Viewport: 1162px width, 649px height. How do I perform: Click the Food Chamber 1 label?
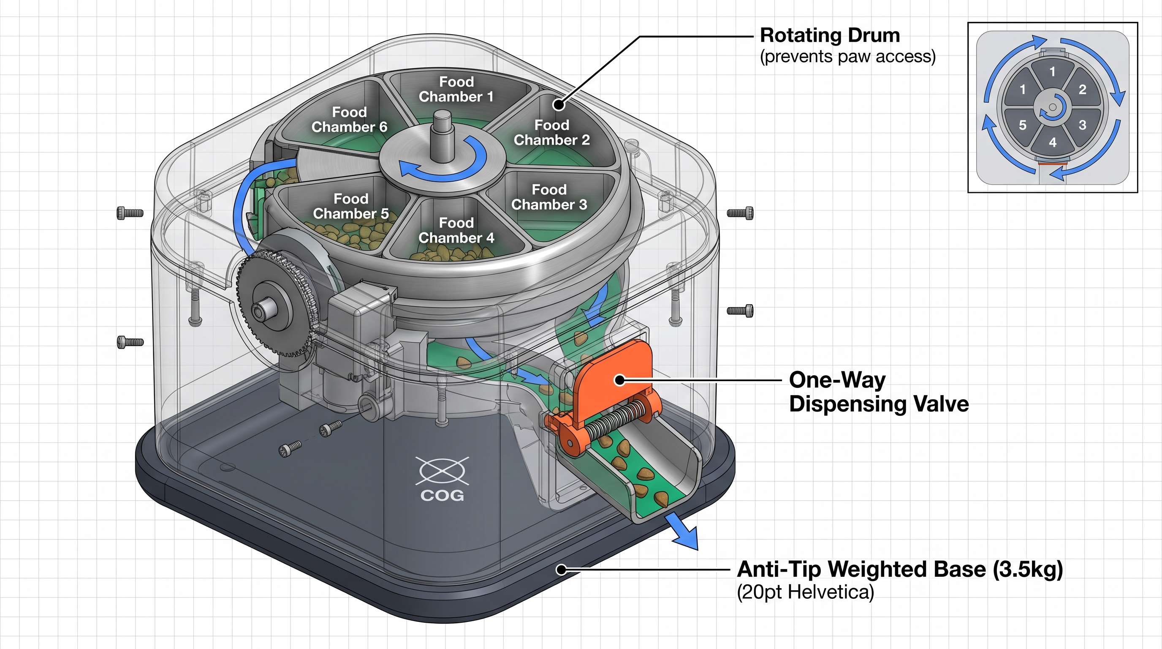[456, 89]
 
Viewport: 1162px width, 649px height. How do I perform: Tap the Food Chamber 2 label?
[552, 133]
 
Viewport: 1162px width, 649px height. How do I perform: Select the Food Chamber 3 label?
[549, 197]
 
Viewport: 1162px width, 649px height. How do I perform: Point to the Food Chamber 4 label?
[456, 230]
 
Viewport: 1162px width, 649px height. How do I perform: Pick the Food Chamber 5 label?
[351, 206]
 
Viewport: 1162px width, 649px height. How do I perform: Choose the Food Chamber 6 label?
[350, 120]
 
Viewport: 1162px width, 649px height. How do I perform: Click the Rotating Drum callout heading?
[830, 35]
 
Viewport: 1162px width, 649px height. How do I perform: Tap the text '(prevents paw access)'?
[847, 57]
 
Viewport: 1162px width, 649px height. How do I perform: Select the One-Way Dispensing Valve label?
[878, 392]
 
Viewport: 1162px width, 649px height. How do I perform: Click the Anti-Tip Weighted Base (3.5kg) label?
[899, 569]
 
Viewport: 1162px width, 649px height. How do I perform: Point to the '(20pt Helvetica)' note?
[805, 592]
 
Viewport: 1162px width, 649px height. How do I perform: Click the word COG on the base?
[442, 496]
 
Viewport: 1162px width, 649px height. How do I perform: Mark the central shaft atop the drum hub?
[442, 135]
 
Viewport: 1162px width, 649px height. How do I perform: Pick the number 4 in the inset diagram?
[1053, 143]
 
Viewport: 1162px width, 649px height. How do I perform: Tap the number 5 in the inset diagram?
[1023, 125]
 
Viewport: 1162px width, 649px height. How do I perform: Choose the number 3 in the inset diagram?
[1082, 125]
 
